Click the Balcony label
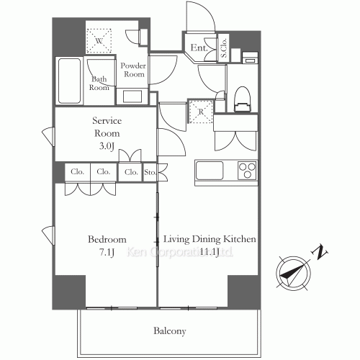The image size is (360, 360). click(170, 332)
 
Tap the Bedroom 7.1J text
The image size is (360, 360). click(107, 245)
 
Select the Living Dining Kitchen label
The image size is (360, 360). click(210, 240)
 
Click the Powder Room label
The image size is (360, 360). click(134, 69)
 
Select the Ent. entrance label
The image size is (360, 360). click(198, 49)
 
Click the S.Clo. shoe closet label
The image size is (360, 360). click(224, 49)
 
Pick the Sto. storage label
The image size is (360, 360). click(150, 172)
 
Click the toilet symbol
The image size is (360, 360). click(242, 99)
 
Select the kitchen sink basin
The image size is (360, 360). click(210, 172)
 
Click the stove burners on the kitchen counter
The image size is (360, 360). click(247, 172)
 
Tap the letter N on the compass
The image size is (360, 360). click(321, 253)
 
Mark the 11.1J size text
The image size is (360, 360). click(210, 252)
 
